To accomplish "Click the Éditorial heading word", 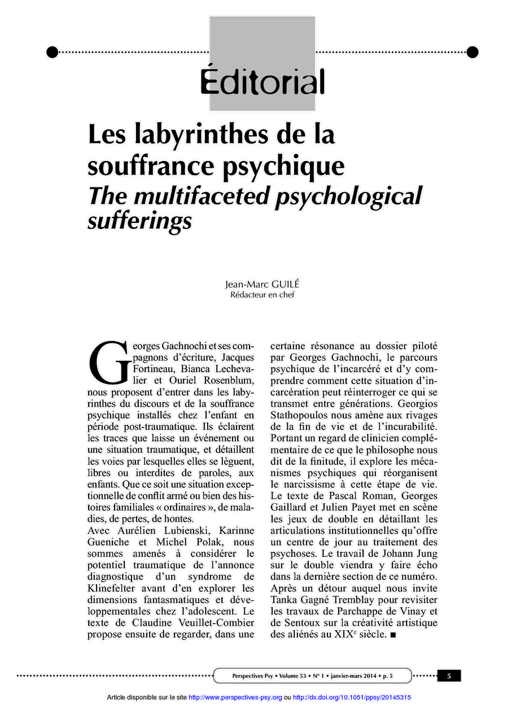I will [262, 82].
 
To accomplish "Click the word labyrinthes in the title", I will [196, 135].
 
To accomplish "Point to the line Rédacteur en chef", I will [262, 294].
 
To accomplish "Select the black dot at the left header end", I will [52, 53].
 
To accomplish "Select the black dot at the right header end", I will [473, 53].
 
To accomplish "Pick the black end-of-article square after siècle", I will [393, 635].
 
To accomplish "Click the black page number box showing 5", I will [449, 675].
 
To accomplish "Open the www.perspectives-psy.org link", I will [235, 698].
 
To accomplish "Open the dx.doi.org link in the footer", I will [352, 698].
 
